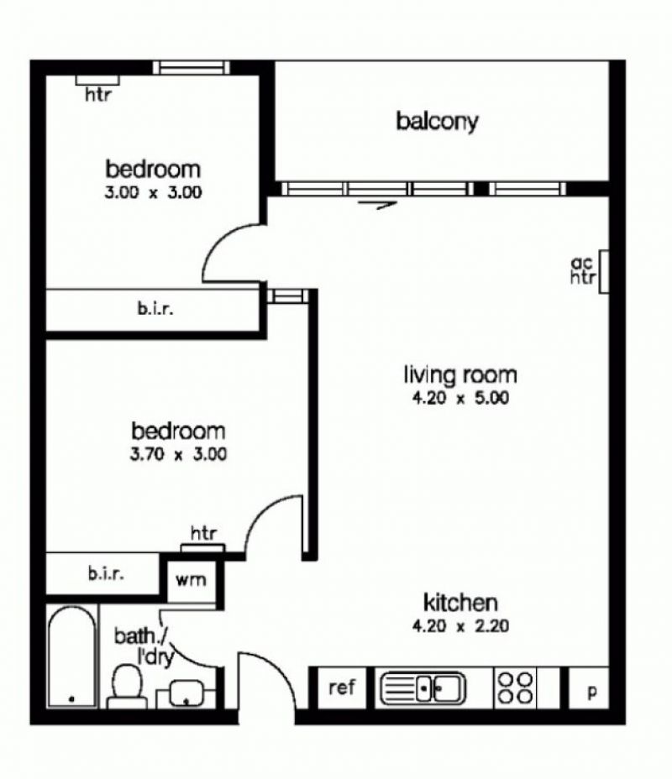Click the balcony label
437,121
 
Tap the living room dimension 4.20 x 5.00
460,398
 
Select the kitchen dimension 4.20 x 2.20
460,625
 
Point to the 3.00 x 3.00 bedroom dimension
153,192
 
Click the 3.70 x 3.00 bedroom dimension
178,454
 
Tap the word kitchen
460,603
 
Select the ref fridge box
342,688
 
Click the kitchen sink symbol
423,688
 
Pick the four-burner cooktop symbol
516,688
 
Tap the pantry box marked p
589,688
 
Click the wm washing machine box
191,581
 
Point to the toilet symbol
127,688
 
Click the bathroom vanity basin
186,693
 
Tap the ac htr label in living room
582,270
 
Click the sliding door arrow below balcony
377,204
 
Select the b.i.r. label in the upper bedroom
155,309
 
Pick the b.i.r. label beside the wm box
106,574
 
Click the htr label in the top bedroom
98,94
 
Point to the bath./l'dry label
144,646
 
